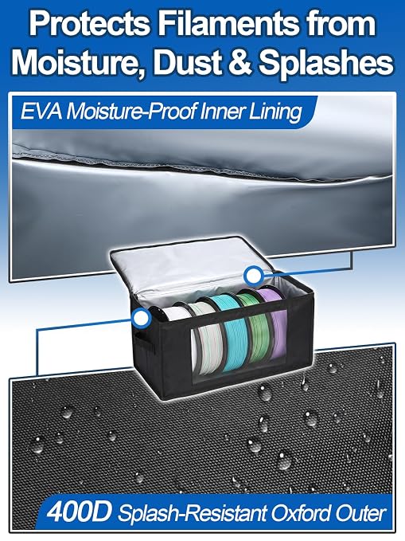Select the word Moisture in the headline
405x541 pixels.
75,62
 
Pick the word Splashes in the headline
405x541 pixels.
326,62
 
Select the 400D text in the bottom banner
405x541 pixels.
79,514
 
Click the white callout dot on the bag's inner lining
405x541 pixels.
253,276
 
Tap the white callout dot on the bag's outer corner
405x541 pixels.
141,318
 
